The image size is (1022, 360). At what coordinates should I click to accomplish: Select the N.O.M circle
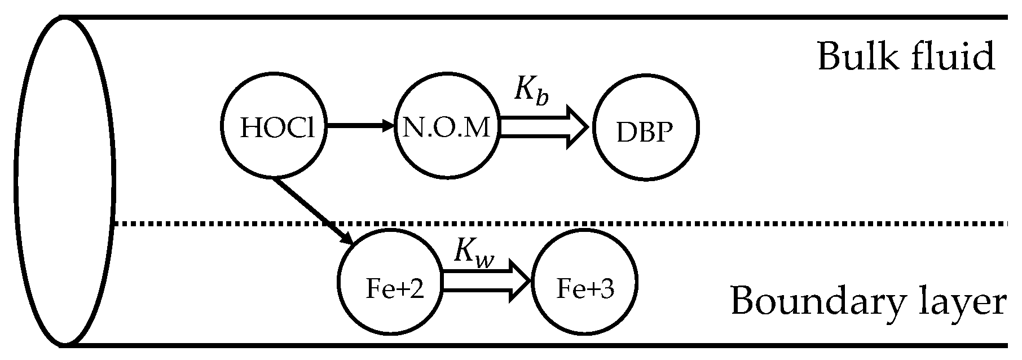[447, 128]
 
